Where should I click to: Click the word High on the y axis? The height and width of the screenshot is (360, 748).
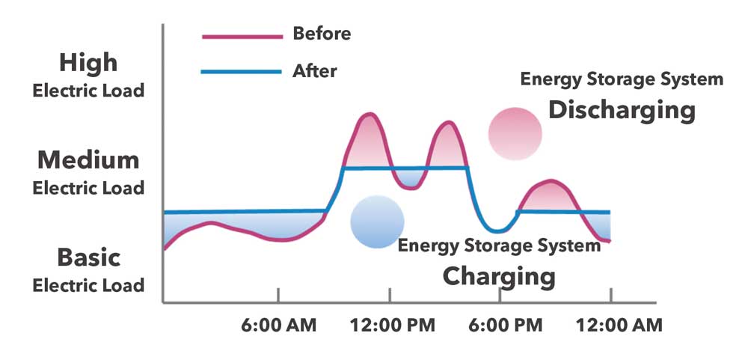pos(88,62)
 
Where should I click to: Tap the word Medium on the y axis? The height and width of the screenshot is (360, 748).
pos(88,159)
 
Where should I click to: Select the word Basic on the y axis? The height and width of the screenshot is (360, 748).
pos(88,257)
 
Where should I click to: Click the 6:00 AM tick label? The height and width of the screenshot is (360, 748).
pos(278,326)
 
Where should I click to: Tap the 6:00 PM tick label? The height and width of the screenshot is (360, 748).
pos(500,326)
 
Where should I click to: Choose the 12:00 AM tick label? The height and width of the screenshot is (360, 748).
pos(612,326)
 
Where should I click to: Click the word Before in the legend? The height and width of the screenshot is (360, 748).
pos(322,34)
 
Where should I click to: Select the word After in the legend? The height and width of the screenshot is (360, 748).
pos(314,72)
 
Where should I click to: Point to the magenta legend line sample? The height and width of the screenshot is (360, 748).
pos(241,35)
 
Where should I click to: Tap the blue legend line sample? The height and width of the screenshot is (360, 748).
pos(241,73)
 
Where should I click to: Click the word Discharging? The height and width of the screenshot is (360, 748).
pos(622,111)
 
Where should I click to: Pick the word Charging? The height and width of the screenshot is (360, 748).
pos(499,275)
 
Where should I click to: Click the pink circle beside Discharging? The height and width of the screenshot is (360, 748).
pos(515,133)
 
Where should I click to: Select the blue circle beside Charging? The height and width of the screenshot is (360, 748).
pos(378,222)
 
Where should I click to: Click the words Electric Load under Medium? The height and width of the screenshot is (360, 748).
pos(88,188)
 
